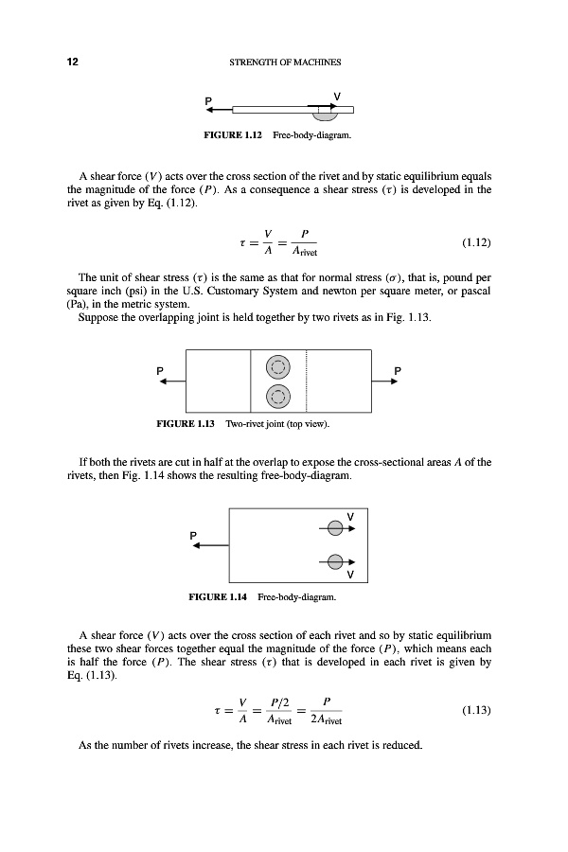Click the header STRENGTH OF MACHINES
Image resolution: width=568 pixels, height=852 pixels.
285,62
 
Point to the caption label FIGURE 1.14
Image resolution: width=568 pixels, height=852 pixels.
233,597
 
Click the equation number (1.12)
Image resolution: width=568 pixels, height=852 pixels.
476,242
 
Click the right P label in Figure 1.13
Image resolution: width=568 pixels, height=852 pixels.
398,369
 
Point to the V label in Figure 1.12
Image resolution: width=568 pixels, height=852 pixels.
338,95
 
